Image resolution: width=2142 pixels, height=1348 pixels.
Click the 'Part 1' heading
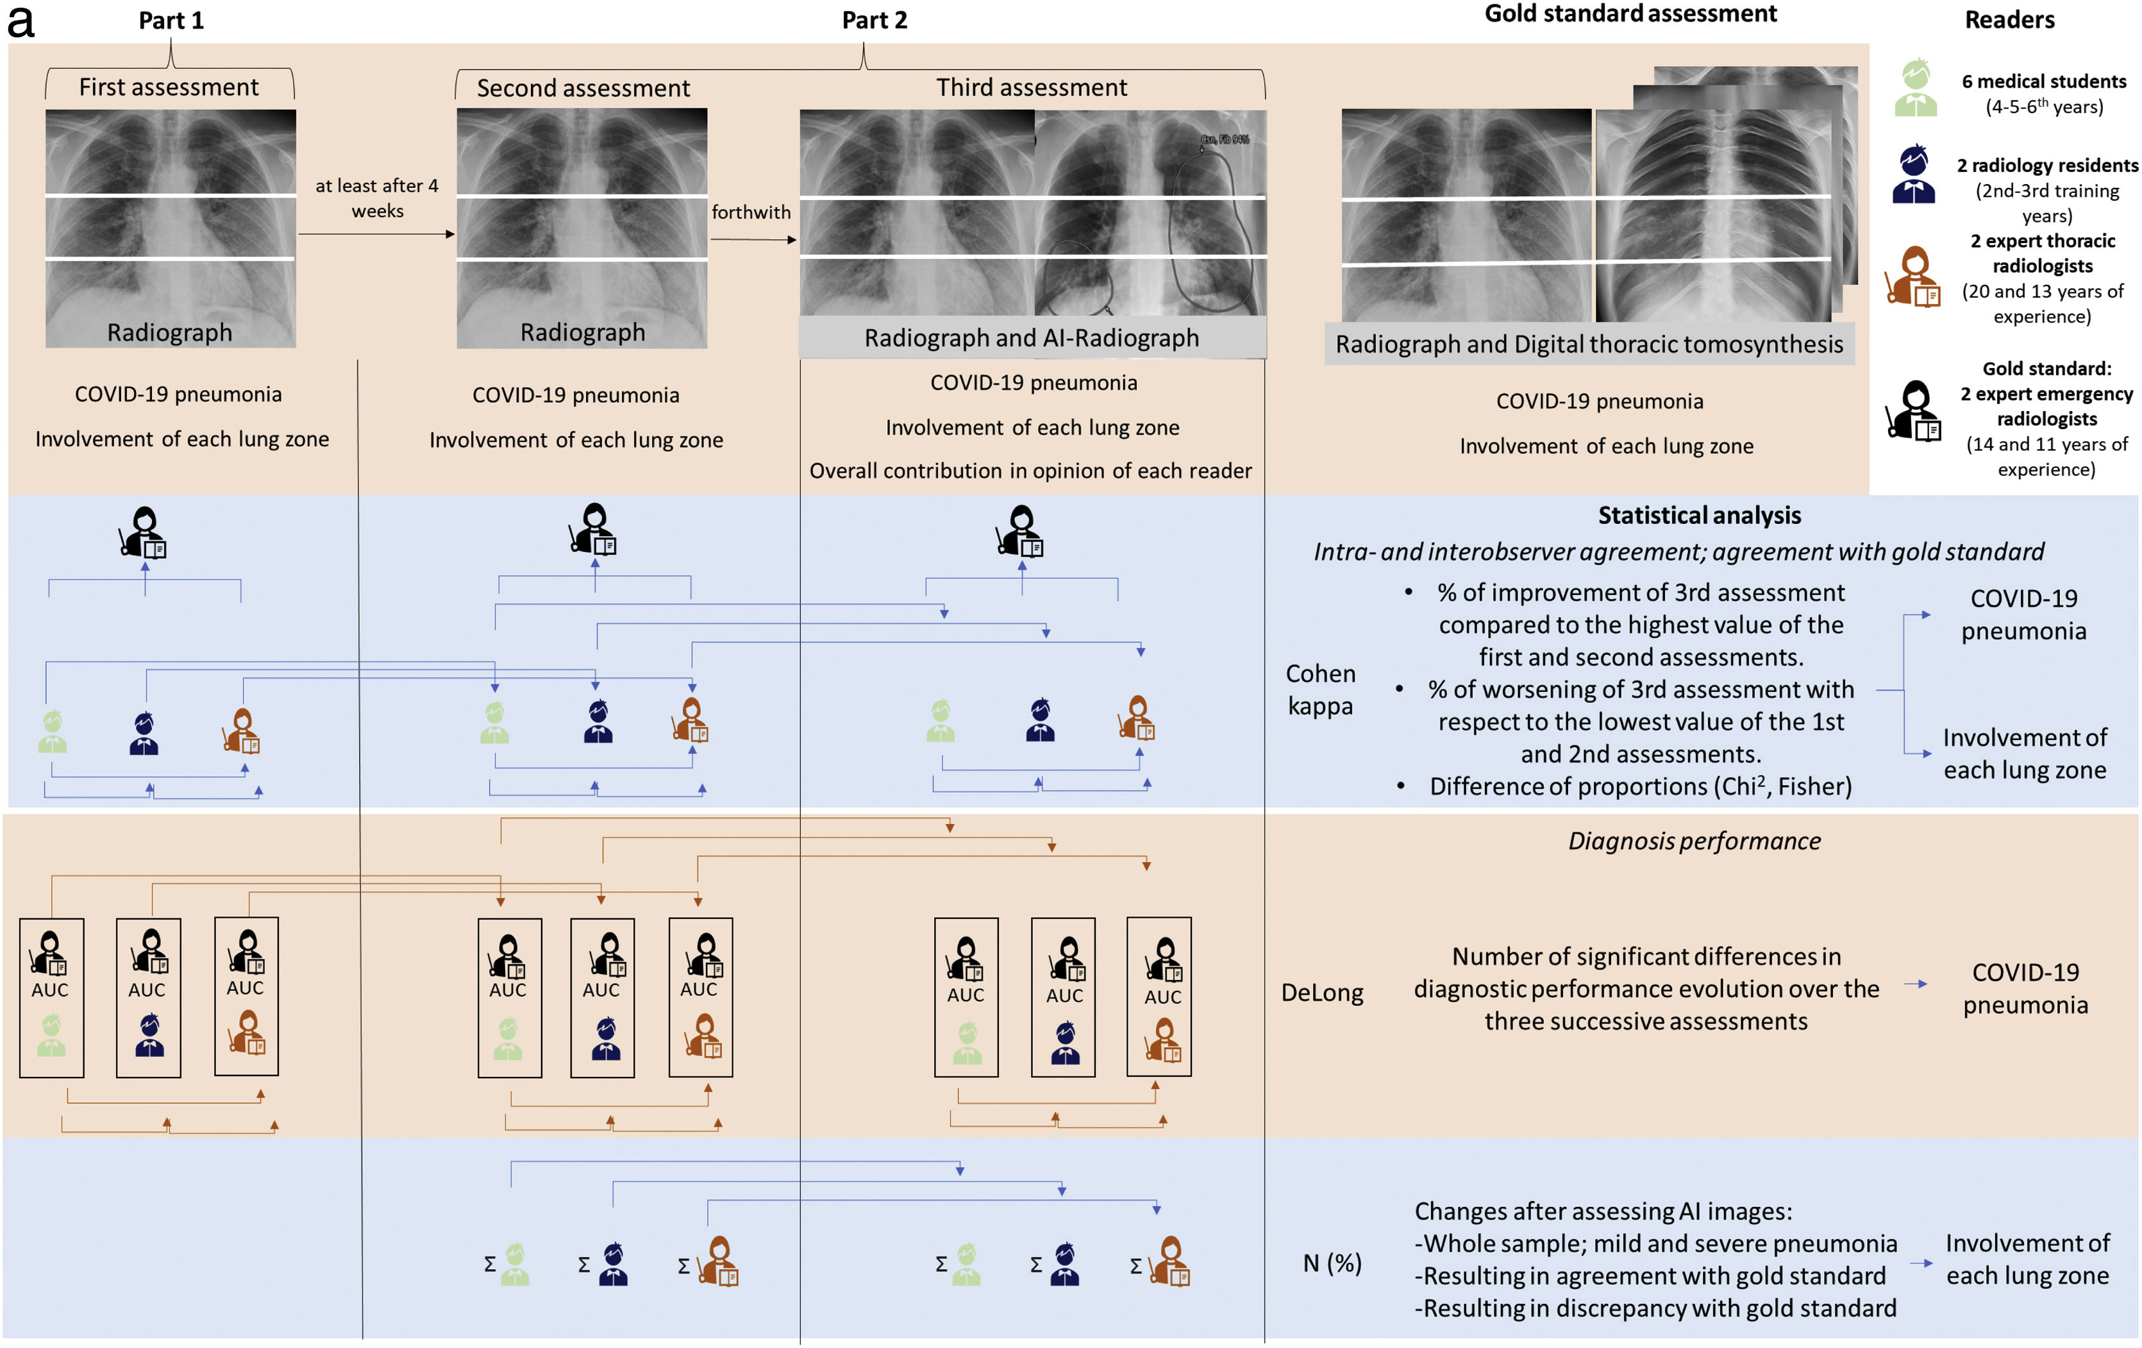click(171, 21)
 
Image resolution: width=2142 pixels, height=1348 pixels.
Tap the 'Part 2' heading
click(874, 21)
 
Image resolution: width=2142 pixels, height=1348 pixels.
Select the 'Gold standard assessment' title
click(1630, 14)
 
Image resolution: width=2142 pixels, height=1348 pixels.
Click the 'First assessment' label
click(169, 87)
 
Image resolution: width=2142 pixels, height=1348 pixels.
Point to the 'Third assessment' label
click(1031, 87)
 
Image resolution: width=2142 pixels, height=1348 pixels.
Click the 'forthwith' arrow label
click(751, 212)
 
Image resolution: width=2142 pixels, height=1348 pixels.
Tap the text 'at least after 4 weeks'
click(377, 198)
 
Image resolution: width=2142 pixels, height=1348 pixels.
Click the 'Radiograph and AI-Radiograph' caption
click(1031, 338)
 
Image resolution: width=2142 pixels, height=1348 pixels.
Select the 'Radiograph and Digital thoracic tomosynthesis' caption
click(1589, 344)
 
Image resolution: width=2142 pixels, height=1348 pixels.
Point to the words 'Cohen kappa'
click(1320, 689)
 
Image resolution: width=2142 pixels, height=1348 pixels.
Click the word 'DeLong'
click(1322, 993)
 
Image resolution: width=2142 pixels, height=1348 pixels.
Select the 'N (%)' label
click(1332, 1263)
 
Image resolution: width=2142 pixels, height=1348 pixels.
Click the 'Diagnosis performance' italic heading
click(1694, 841)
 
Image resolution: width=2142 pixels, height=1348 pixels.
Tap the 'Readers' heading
click(2009, 21)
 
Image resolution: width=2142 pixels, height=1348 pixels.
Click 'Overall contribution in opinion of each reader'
click(1030, 471)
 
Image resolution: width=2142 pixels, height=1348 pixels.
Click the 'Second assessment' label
click(583, 88)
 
